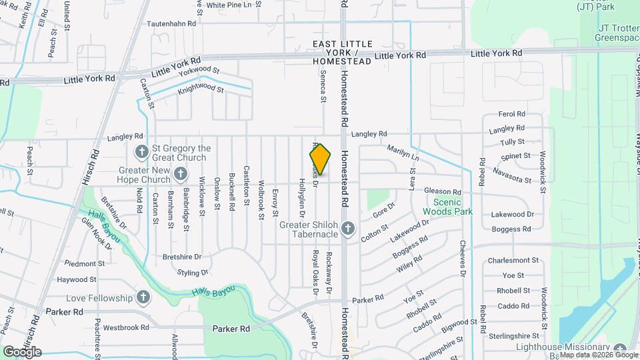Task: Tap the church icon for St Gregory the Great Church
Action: [141, 152]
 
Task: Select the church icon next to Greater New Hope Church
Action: [180, 175]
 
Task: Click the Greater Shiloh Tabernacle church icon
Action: [347, 229]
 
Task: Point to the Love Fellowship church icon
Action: [143, 297]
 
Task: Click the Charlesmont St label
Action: [513, 260]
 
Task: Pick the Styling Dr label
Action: [193, 272]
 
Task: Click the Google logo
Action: [22, 352]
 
